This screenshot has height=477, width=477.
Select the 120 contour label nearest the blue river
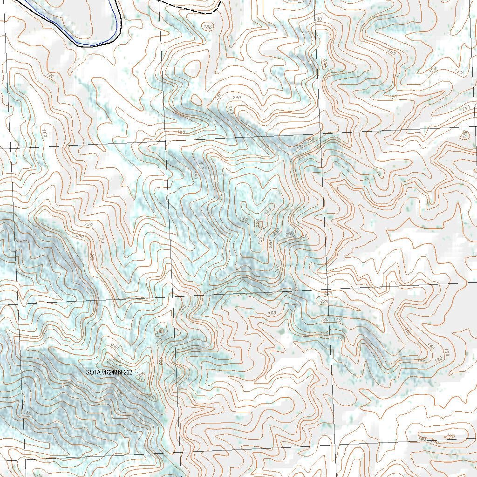51,75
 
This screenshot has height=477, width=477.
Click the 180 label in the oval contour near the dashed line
208,27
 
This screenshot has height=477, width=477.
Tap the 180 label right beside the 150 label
325,320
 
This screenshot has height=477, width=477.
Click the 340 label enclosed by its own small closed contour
160,331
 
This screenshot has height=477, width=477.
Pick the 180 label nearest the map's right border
464,135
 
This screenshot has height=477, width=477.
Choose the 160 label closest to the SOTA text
27,413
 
